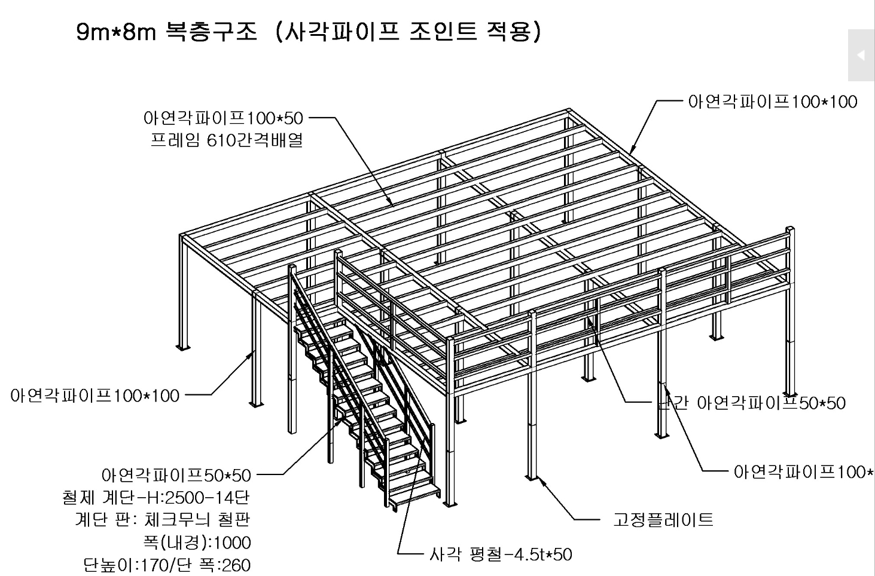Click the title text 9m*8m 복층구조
tap(166, 31)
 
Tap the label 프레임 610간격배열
tap(227, 141)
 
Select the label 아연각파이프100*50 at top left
tap(223, 118)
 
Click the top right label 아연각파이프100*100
tap(773, 102)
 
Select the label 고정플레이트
tap(663, 519)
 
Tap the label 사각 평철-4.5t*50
tap(501, 554)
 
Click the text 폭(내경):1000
tap(197, 542)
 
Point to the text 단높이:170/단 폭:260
tap(167, 565)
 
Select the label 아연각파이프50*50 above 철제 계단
tap(176, 475)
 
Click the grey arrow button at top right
tap(861, 55)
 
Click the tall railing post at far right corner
tap(791, 311)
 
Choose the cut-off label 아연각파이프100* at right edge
tap(803, 472)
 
